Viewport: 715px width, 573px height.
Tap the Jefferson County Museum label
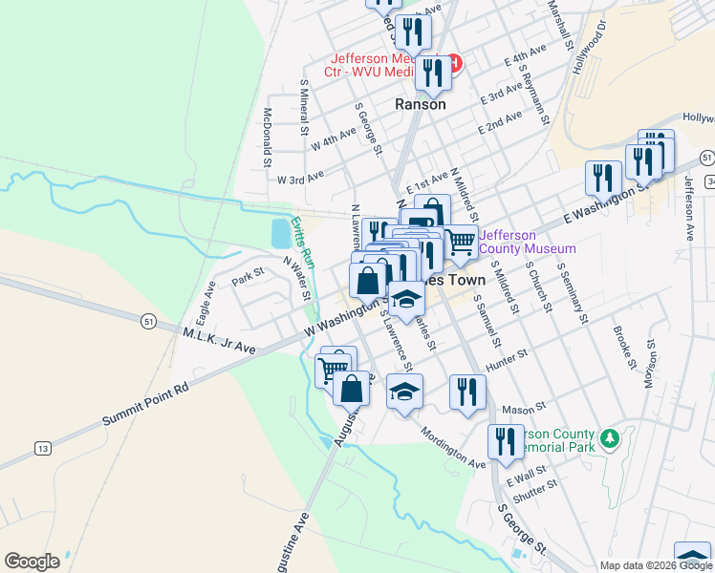pyautogui.click(x=527, y=242)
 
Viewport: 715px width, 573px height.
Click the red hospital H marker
pyautogui.click(x=455, y=64)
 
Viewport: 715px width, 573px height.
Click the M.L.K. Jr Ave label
pyautogui.click(x=219, y=342)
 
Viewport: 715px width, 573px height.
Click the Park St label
pyautogui.click(x=247, y=278)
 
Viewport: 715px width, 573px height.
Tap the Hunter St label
pyautogui.click(x=507, y=362)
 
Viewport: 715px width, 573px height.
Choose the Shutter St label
pyautogui.click(x=535, y=491)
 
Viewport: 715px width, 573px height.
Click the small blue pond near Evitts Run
pyautogui.click(x=280, y=232)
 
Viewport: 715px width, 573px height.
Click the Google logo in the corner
pyautogui.click(x=32, y=562)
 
